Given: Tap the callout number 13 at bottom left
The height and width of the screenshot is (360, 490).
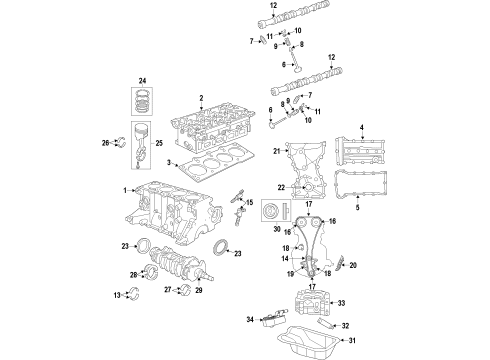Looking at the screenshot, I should pos(116,295).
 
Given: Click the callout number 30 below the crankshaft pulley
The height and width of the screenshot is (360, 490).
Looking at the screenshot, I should pos(276,229).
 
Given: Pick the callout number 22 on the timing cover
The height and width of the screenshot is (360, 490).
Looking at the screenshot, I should pos(281,187).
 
